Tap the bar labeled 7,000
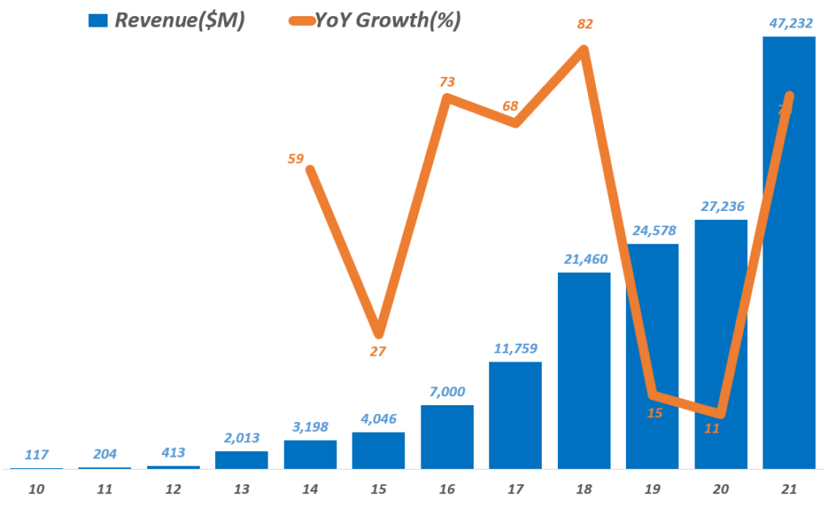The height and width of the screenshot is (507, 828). [447, 437]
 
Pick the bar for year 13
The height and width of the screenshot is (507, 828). [242, 459]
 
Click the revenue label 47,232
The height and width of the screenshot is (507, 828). [789, 24]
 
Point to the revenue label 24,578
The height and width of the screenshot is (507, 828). [653, 231]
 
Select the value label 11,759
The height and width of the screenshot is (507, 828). [515, 349]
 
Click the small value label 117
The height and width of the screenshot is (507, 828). [36, 456]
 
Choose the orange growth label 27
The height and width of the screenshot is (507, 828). [378, 352]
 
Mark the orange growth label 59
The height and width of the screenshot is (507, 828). [295, 158]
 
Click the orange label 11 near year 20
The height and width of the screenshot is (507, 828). [712, 429]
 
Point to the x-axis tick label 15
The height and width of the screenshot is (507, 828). [378, 490]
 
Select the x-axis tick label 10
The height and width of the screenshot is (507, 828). [36, 490]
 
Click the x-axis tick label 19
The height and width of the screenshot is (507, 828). [653, 490]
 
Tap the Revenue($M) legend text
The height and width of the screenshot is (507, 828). [180, 21]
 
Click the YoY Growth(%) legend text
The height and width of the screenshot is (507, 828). [399, 21]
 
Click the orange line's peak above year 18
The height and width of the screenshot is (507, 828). [584, 50]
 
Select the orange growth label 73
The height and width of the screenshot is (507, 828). [447, 82]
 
